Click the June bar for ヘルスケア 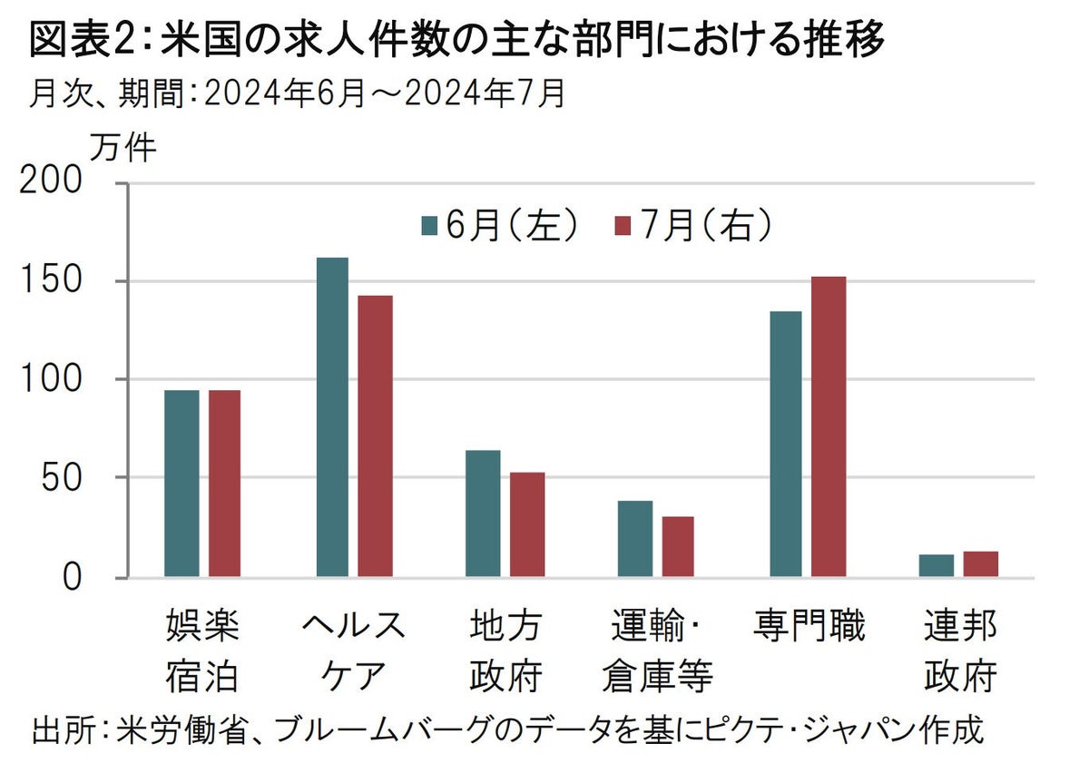point(332,417)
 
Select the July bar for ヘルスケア point(376,435)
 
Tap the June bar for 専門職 point(786,444)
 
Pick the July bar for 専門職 point(829,426)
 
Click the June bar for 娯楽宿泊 point(181,484)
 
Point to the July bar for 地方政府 point(527,524)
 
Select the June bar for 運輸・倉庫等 point(635,539)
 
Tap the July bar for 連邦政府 point(981,564)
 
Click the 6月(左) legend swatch point(430,226)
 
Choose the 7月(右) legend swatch point(623,226)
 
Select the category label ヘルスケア point(354,651)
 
